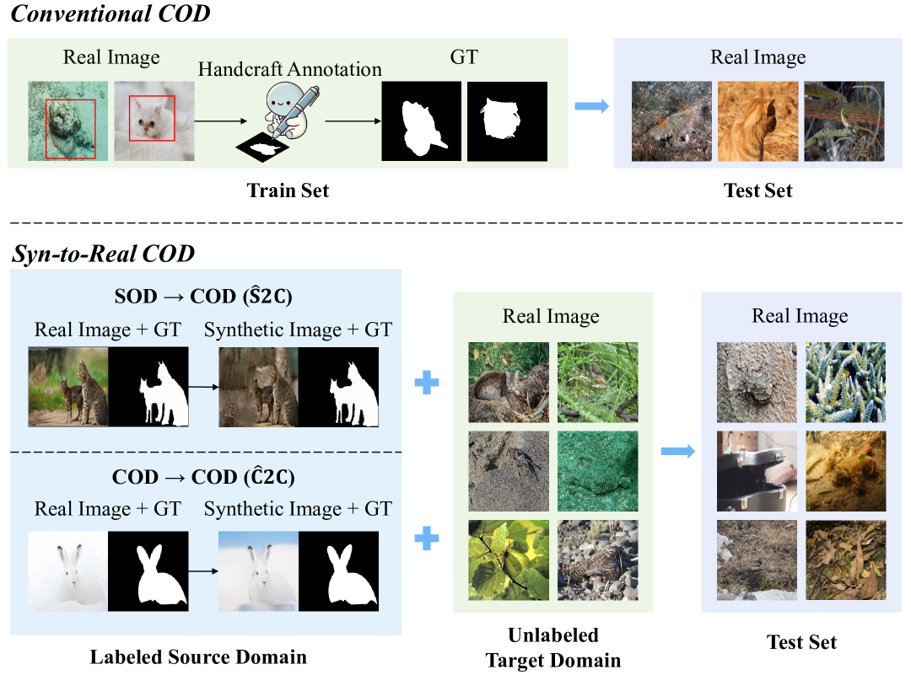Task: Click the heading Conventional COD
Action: [110, 13]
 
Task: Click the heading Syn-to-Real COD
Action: [103, 252]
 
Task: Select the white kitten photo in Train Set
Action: [153, 121]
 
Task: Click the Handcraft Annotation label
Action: [289, 69]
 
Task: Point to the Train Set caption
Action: [288, 190]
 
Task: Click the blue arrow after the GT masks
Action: [591, 106]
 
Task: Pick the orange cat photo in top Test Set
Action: [757, 121]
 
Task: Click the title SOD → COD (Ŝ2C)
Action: [204, 297]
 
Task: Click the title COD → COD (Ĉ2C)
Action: [204, 476]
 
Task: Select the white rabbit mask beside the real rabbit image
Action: [148, 571]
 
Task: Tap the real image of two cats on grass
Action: [68, 386]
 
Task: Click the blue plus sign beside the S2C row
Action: [428, 383]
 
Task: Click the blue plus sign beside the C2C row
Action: [428, 538]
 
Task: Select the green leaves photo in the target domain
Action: [509, 560]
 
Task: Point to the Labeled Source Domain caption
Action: [198, 656]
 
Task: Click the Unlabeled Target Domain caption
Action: [553, 648]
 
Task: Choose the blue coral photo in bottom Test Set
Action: [845, 382]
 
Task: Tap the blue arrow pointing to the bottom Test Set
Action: [677, 453]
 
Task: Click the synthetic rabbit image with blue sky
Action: [257, 571]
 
